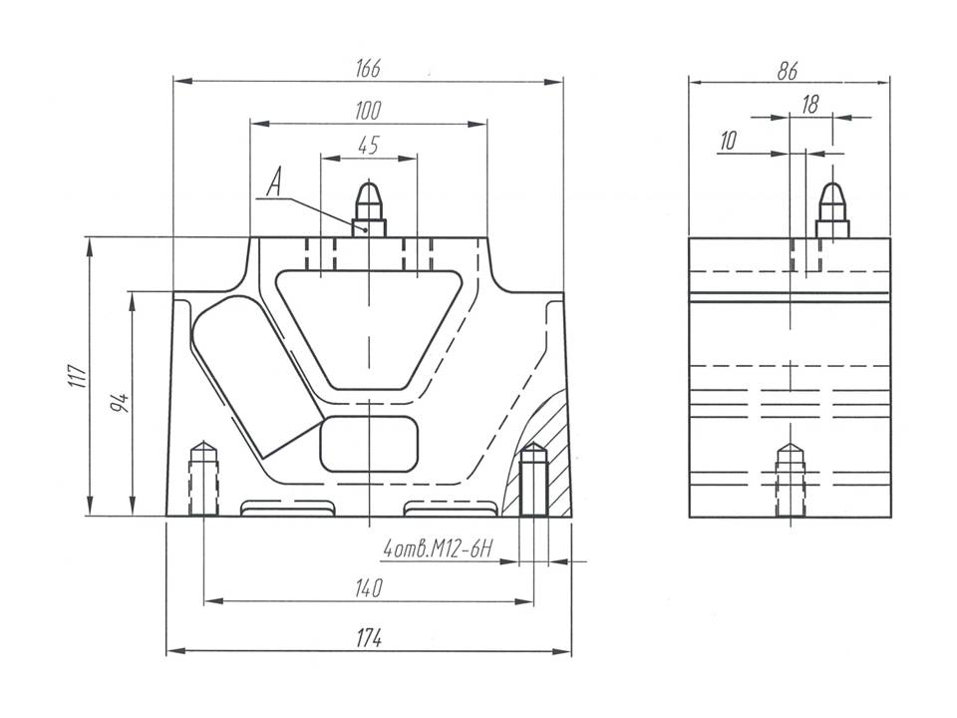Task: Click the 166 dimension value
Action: [x=368, y=69]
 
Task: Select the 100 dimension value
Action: [x=368, y=109]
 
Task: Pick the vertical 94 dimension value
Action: [x=121, y=403]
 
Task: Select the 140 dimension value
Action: [x=368, y=589]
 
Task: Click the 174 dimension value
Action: [x=368, y=637]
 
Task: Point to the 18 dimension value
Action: [x=809, y=104]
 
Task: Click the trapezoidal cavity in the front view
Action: [x=369, y=324]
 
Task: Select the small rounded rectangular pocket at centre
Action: [x=369, y=444]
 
